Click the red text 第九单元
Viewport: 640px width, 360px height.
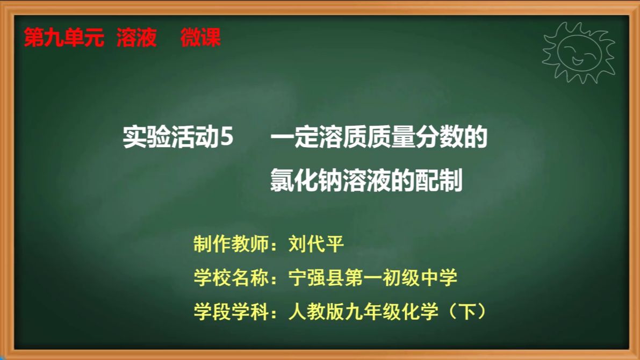click(x=64, y=38)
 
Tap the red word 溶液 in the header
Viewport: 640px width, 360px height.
click(x=136, y=38)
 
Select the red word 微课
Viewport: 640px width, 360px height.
click(x=200, y=38)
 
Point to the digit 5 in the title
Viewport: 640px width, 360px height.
click(x=227, y=139)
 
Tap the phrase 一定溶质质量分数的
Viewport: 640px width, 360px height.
click(x=379, y=139)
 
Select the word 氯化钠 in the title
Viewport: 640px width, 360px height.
click(x=305, y=181)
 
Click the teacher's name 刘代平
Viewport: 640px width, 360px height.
click(x=315, y=244)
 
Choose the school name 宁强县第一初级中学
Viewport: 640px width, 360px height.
click(x=372, y=278)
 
